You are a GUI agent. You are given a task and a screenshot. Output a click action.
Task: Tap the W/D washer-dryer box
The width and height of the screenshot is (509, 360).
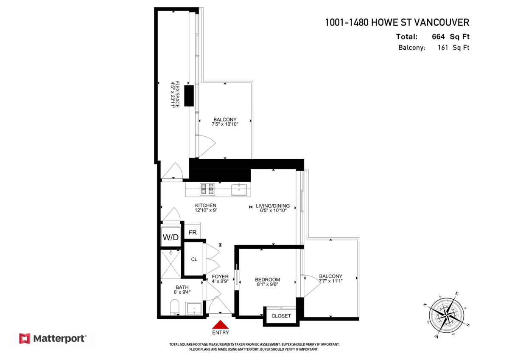[x=171, y=237]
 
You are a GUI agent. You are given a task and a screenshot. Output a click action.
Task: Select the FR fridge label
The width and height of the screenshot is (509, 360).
[x=193, y=233]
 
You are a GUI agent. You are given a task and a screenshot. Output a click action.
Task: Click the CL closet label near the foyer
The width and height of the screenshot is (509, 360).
[x=194, y=259]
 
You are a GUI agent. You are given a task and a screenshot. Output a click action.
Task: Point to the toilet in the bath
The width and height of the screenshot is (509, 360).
[x=174, y=307]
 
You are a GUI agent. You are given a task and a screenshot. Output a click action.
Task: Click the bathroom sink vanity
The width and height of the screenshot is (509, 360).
[x=194, y=309]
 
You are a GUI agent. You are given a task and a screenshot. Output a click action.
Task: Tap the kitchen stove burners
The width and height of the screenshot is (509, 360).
[x=207, y=189]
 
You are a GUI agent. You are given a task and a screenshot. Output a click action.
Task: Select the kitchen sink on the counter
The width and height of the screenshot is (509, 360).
[x=239, y=189]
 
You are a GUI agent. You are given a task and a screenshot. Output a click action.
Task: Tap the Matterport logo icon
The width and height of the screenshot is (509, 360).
[x=25, y=338]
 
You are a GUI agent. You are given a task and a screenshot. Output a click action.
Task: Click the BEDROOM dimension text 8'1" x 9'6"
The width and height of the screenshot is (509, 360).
[x=267, y=285]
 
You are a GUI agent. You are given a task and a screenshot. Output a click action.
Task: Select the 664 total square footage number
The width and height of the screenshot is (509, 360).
[x=438, y=37]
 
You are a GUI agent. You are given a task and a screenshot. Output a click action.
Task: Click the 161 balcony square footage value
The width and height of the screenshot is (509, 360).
[x=443, y=48]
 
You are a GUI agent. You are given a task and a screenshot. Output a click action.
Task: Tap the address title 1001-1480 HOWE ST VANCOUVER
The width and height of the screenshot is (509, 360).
[x=397, y=22]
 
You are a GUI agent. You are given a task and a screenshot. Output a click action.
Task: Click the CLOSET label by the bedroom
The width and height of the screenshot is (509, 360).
[x=281, y=316]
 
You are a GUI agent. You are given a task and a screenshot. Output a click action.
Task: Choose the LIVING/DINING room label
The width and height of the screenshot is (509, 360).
[x=272, y=206]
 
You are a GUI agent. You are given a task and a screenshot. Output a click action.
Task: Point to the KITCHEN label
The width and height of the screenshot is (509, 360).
[x=203, y=205]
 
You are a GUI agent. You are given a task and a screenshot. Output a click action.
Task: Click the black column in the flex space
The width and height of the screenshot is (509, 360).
[x=189, y=95]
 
